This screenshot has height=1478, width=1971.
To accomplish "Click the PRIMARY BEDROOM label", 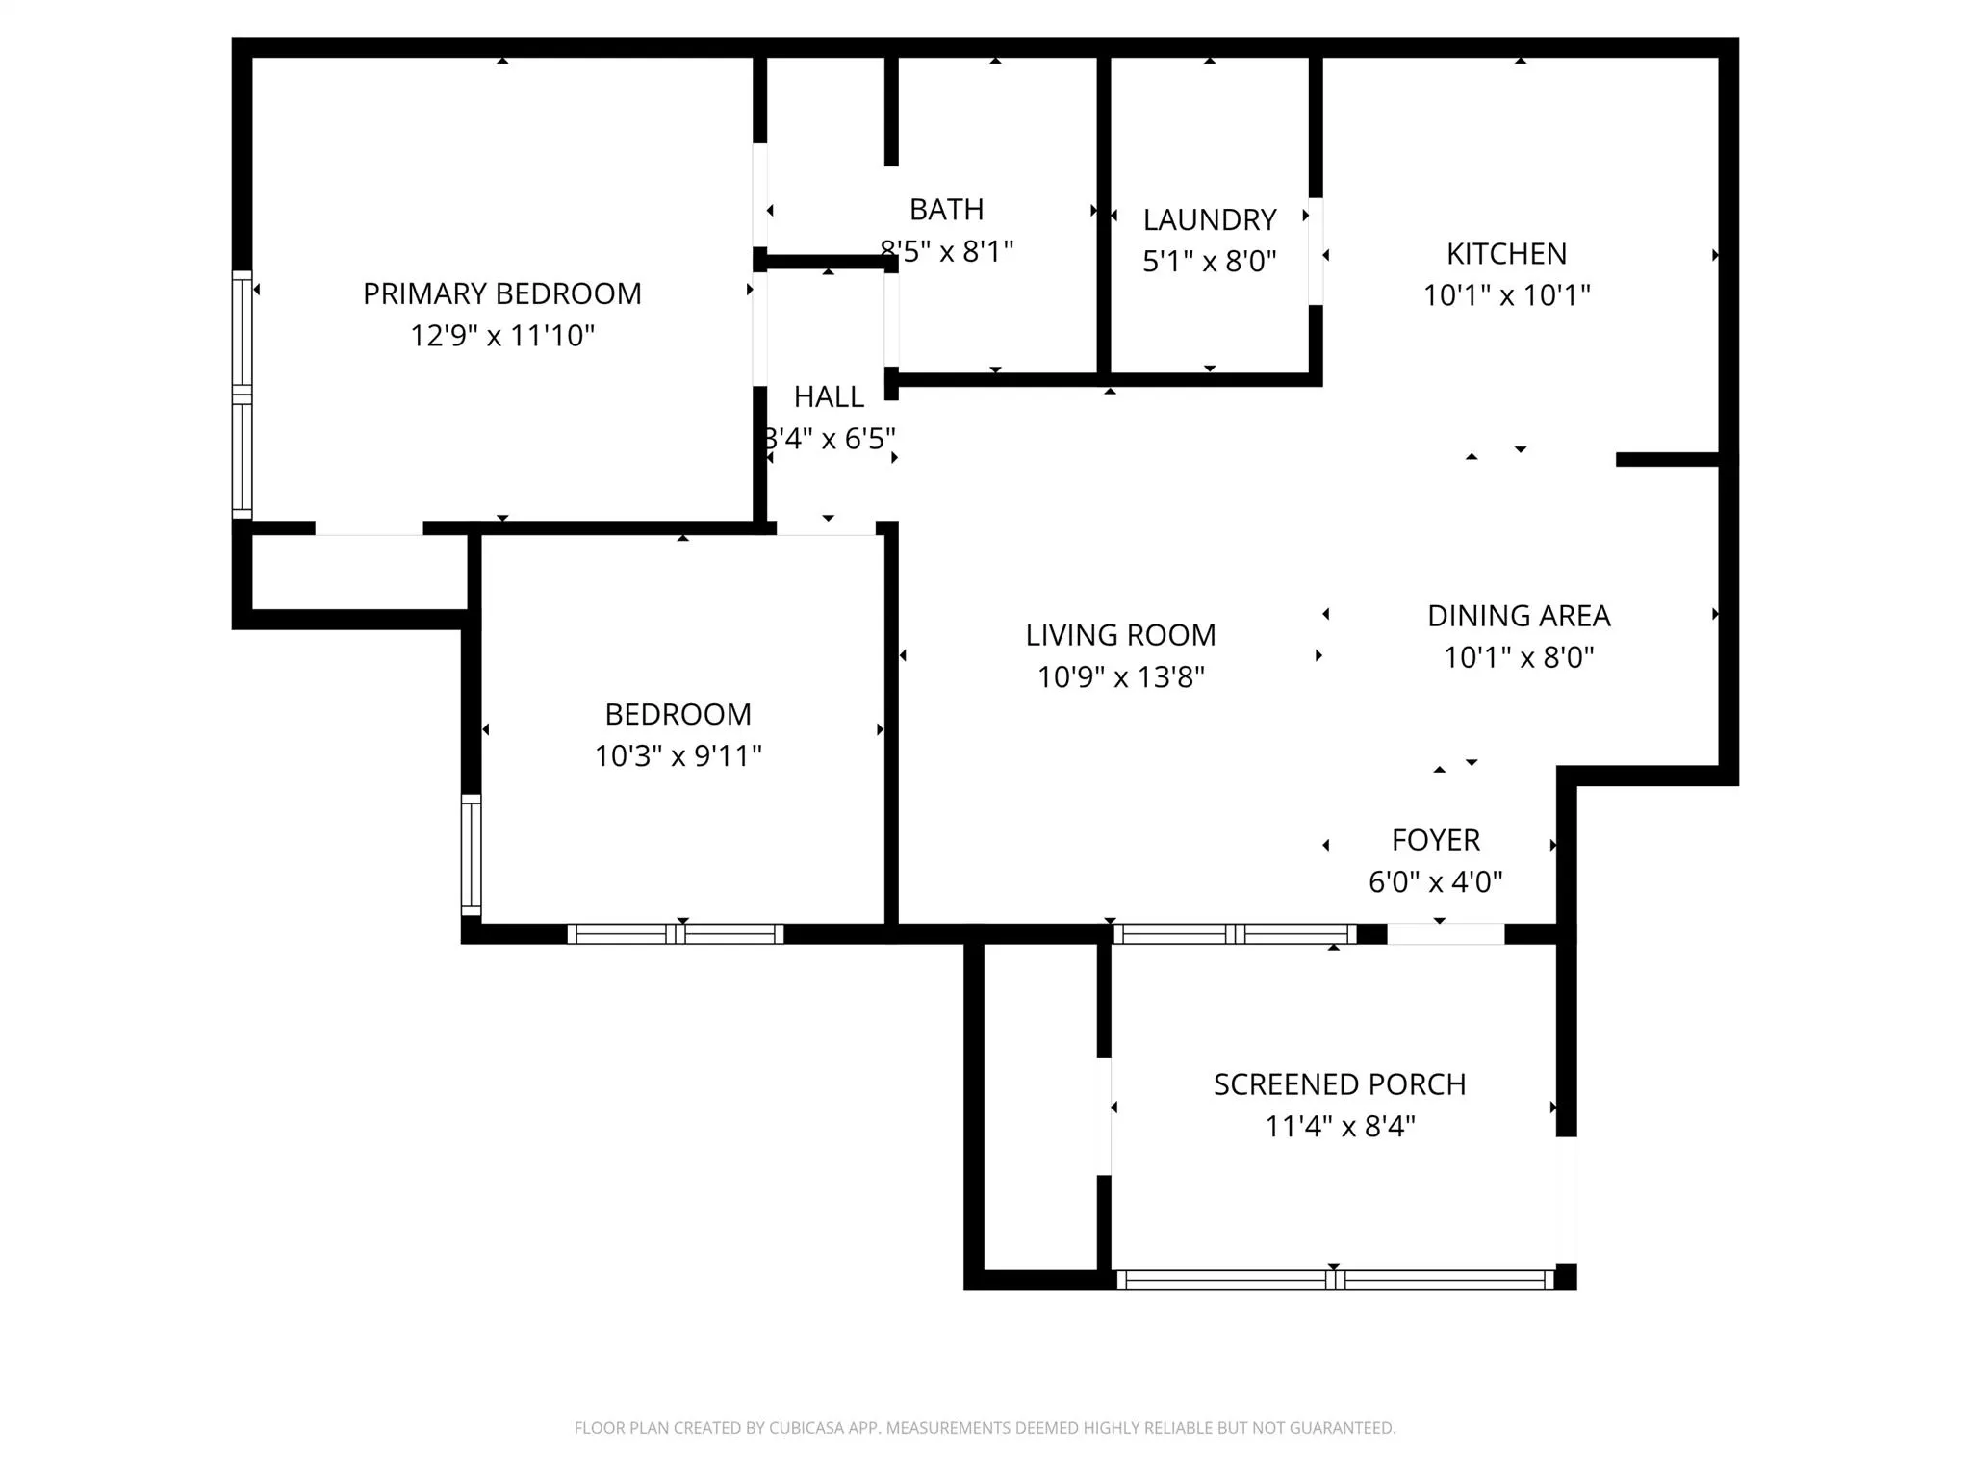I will (501, 293).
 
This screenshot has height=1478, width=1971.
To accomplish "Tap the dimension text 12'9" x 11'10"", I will (501, 336).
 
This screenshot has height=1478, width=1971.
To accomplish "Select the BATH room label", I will (946, 209).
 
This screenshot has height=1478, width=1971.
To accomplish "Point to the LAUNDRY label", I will (1209, 219).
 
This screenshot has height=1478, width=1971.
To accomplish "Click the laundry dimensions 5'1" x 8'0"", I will (1209, 261).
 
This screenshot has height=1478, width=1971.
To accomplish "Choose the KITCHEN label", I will (1506, 254).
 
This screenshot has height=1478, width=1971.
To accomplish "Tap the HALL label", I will (828, 396).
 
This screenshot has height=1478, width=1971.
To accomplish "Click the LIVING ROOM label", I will (1120, 635).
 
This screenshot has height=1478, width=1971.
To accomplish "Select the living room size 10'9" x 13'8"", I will (1120, 677).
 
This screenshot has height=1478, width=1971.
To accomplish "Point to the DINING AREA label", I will (1518, 616).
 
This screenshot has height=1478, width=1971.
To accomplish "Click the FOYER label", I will (1435, 840).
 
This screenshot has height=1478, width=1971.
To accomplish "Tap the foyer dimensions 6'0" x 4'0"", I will (1435, 881).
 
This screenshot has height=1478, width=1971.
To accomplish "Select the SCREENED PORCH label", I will (1339, 1084).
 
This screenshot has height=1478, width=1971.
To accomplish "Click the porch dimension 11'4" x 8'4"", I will (1339, 1126).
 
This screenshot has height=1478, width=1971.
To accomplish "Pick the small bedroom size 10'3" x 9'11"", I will (678, 756).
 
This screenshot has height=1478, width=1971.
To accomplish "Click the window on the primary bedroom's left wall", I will (242, 395).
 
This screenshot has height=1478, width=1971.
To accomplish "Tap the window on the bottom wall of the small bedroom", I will (676, 933).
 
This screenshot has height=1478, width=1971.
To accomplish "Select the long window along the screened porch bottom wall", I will (1335, 1280).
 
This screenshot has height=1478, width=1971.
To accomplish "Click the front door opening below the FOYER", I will (1445, 933).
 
